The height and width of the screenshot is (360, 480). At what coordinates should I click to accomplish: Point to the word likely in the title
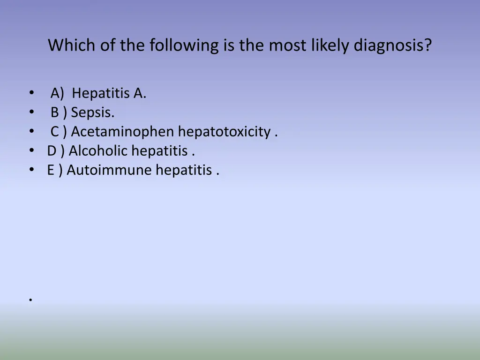323,45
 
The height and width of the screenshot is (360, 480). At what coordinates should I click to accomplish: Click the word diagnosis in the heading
392,45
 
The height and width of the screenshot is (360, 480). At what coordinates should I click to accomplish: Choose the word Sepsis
93,113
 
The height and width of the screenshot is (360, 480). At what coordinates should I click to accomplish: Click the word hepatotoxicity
225,132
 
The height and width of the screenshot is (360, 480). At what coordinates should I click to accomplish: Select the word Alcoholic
98,151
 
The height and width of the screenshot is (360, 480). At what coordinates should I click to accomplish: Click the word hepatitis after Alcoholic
160,151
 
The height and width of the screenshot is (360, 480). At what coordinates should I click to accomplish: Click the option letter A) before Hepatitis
57,94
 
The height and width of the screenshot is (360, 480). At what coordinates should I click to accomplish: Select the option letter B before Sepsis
55,113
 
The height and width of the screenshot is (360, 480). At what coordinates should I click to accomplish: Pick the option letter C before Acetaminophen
55,132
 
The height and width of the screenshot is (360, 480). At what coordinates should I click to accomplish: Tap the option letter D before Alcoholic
52,151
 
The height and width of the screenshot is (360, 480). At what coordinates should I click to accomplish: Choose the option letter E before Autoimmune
51,170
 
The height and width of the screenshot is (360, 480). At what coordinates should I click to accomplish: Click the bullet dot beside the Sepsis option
31,113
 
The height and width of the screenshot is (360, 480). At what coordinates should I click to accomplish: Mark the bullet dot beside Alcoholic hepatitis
31,151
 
